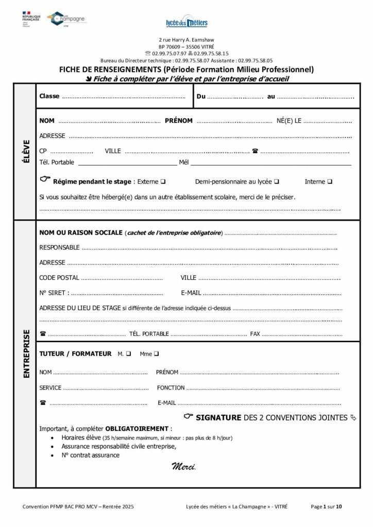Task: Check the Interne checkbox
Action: [x=330, y=182]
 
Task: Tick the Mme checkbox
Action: [x=156, y=354]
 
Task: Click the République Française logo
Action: [x=31, y=17]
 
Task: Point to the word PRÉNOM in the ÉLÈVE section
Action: [x=179, y=121]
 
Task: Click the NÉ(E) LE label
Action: [x=289, y=121]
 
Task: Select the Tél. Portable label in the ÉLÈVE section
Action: [x=57, y=163]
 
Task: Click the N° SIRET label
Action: [x=54, y=293]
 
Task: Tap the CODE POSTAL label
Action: [x=59, y=278]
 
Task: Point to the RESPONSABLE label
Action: [x=60, y=248]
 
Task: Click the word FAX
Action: [x=255, y=334]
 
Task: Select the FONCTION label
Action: [x=171, y=388]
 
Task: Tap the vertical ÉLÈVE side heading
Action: [x=25, y=151]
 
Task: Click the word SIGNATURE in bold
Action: [x=218, y=417]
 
